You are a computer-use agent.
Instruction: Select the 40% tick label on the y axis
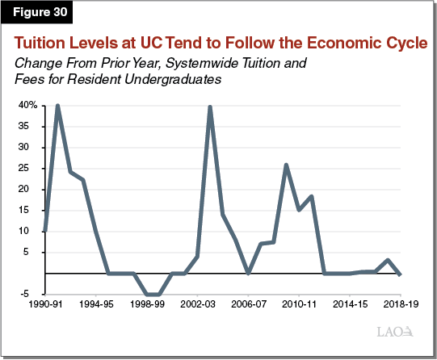coord(28,106)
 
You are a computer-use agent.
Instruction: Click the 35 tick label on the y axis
coord(32,127)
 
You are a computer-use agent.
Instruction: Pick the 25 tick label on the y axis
coord(32,169)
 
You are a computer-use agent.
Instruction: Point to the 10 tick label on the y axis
coord(32,231)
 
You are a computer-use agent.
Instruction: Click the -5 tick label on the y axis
coord(32,294)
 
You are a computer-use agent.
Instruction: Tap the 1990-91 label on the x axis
coord(44,308)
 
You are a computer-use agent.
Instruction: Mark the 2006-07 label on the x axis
coord(248,308)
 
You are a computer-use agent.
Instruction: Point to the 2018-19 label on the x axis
coord(401,308)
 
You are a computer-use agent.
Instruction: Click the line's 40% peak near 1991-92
coord(57,106)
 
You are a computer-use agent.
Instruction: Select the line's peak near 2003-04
coord(210,107)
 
